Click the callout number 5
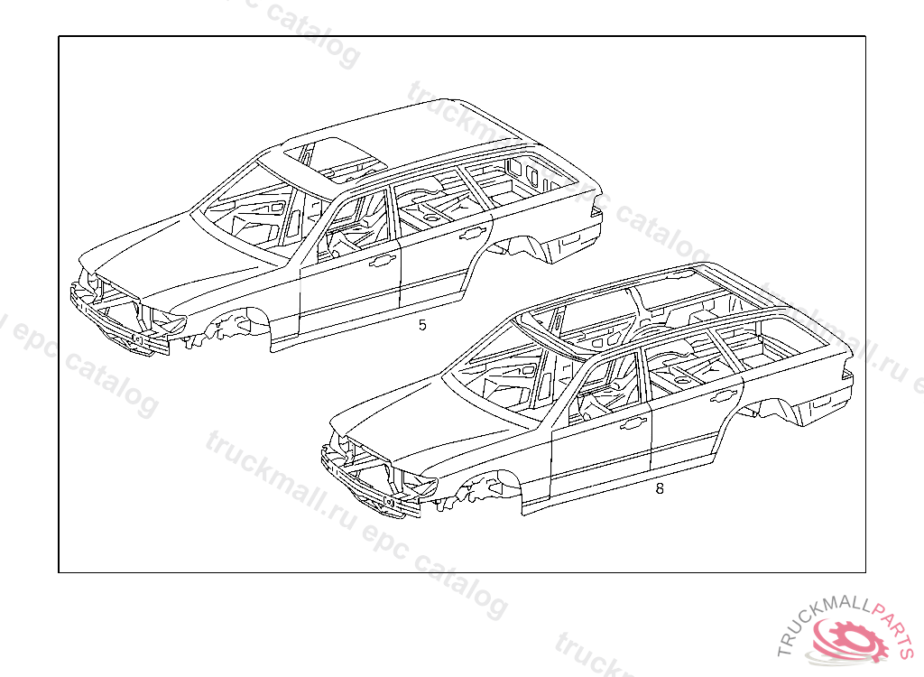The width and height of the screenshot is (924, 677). click(x=421, y=325)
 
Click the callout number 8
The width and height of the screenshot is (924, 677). click(x=660, y=488)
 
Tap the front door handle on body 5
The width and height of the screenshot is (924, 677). click(x=383, y=262)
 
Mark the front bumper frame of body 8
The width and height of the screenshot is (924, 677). click(x=370, y=487)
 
